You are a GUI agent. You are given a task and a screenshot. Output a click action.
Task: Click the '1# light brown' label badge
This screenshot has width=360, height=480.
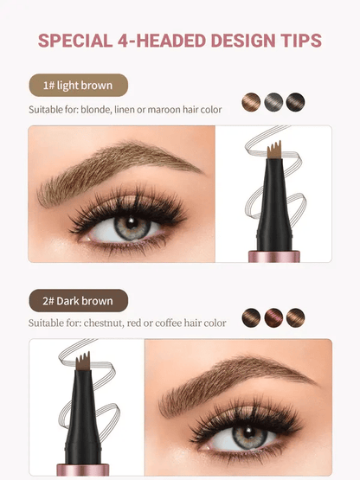coord(78,86)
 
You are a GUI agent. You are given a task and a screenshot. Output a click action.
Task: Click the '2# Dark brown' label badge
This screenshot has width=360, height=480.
coord(78,301)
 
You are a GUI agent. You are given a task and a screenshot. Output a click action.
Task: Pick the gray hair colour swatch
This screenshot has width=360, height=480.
coord(273,101)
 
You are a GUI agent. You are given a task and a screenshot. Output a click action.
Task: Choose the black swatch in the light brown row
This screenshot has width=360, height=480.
coord(296,101)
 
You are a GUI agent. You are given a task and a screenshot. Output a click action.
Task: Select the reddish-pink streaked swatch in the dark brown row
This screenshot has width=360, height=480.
coord(273,317)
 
